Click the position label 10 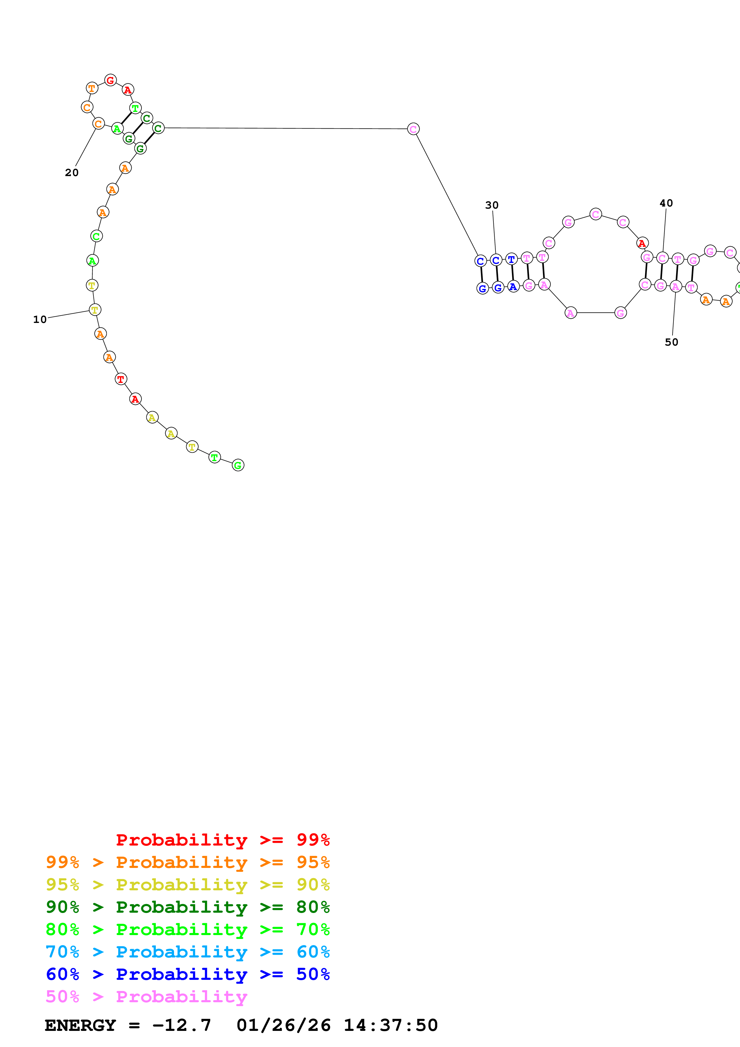40,320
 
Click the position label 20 72,173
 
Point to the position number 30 492,205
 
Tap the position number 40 666,203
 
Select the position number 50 671,342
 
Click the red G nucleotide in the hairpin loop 110,80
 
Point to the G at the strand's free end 238,465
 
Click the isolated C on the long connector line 413,129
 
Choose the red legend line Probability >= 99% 222,840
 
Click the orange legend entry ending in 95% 188,862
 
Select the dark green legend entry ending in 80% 188,907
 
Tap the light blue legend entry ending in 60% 188,952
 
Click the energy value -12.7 181,1025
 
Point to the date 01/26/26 284,1025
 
